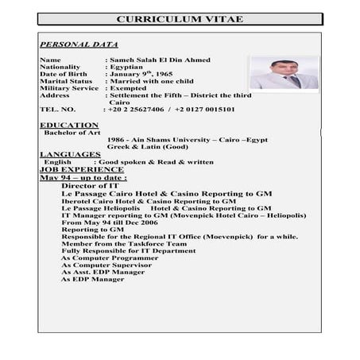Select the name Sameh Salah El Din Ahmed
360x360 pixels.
point(154,60)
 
